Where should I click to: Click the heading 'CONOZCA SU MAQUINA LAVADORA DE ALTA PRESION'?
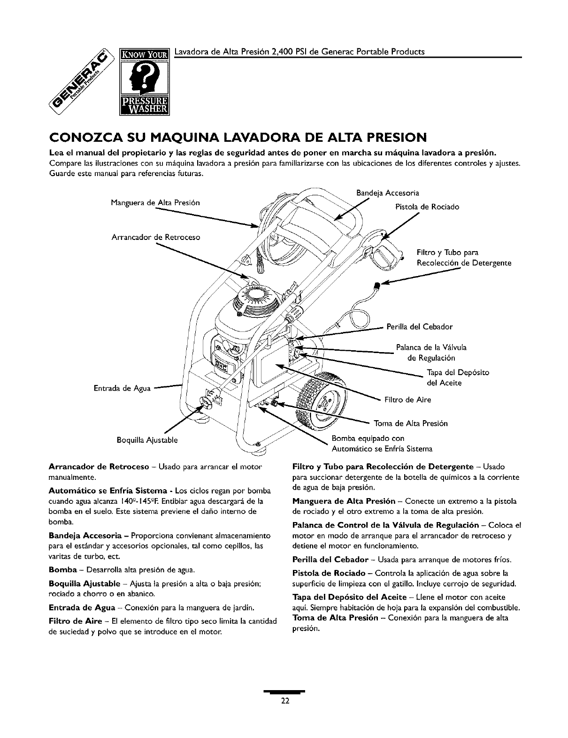point(238,138)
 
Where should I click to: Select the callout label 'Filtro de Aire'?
point(407,400)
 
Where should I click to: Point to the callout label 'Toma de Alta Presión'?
point(411,423)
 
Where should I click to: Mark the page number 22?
point(284,701)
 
